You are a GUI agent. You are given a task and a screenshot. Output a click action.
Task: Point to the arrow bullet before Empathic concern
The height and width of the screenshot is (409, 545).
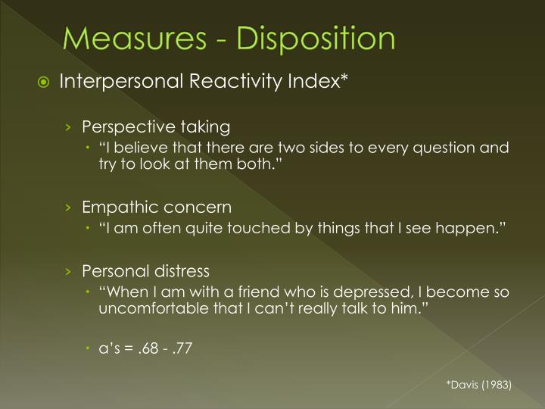click(68, 207)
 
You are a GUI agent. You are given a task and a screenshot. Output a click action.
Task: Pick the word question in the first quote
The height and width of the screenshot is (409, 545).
click(443, 147)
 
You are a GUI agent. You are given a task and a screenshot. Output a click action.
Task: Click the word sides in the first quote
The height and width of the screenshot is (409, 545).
click(300, 147)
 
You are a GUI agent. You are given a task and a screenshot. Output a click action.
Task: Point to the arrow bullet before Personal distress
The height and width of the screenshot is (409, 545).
click(68, 270)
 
